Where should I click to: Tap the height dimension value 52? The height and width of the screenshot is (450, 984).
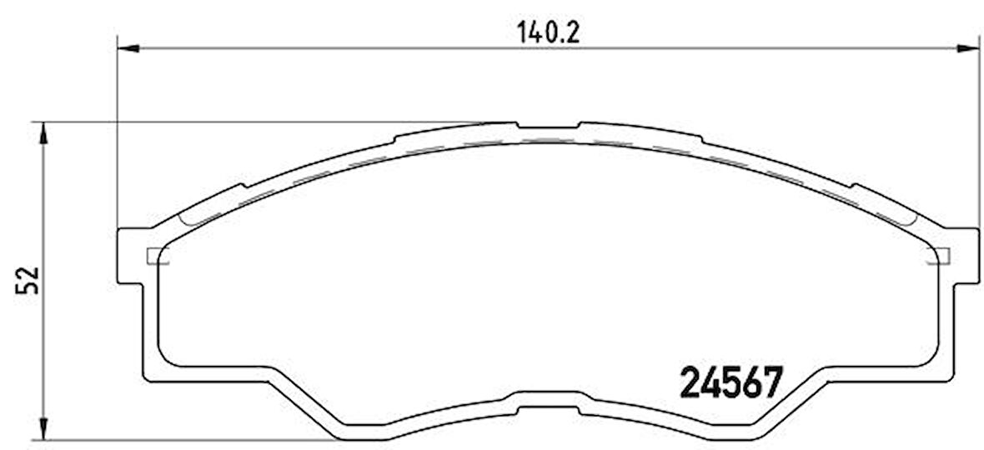[28, 281]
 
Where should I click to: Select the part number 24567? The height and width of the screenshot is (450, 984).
[732, 384]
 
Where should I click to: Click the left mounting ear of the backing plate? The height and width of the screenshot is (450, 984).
[130, 255]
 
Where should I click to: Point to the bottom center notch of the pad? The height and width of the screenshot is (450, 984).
[548, 409]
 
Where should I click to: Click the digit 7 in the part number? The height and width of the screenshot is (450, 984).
[773, 384]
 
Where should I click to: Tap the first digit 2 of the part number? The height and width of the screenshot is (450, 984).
[691, 384]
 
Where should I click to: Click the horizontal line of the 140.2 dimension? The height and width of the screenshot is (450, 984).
[334, 49]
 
